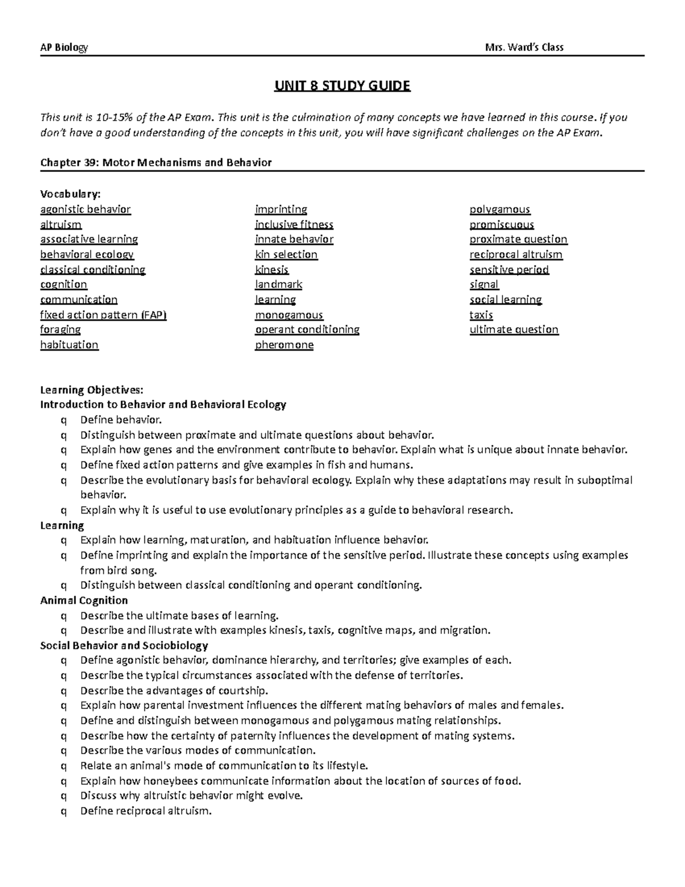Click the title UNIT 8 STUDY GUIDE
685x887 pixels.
[342, 86]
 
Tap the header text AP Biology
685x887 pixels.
[64, 47]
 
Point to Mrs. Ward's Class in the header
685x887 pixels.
[523, 47]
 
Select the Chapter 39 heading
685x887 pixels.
[156, 162]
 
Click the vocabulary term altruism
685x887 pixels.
[61, 224]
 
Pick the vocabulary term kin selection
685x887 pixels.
[286, 255]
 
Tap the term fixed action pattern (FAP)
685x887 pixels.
[103, 315]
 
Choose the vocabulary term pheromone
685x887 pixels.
[284, 345]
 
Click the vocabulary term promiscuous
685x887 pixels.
[502, 224]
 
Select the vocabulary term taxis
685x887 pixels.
[481, 315]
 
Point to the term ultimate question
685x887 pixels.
[514, 330]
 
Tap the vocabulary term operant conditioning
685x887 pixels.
[307, 330]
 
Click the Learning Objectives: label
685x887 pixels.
[92, 390]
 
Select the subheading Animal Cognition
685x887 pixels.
[84, 600]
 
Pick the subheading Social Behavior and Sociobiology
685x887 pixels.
[124, 645]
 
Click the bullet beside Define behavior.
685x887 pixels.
[63, 420]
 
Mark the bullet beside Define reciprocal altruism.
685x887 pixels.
[63, 811]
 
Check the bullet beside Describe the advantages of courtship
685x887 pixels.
[63, 691]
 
